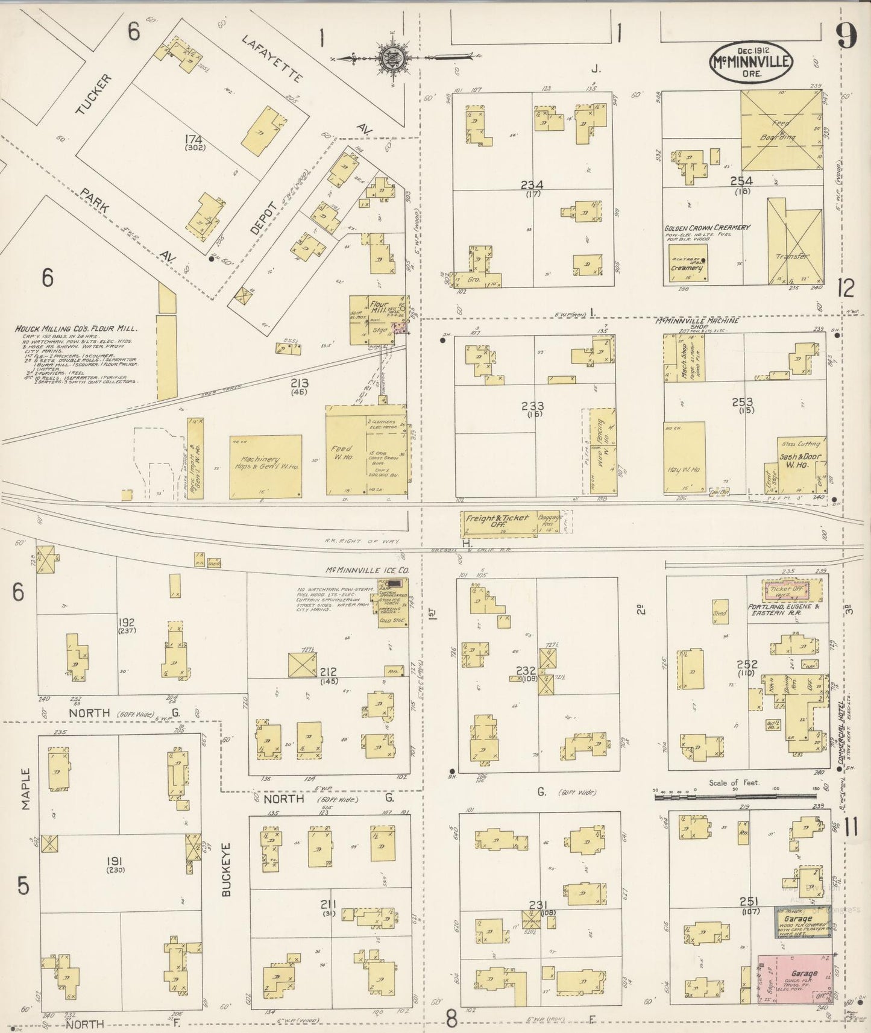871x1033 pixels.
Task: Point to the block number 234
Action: coord(532,185)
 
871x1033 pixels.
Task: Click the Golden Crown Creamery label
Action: coord(706,228)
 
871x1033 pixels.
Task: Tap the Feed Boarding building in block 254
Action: coord(781,130)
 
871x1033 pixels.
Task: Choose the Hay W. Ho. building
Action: coord(685,457)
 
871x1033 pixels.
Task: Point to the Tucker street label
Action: coord(95,95)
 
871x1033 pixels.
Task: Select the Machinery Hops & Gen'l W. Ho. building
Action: coord(265,466)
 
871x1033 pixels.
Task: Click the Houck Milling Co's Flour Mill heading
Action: coord(77,329)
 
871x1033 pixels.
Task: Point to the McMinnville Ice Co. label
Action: coord(367,570)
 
